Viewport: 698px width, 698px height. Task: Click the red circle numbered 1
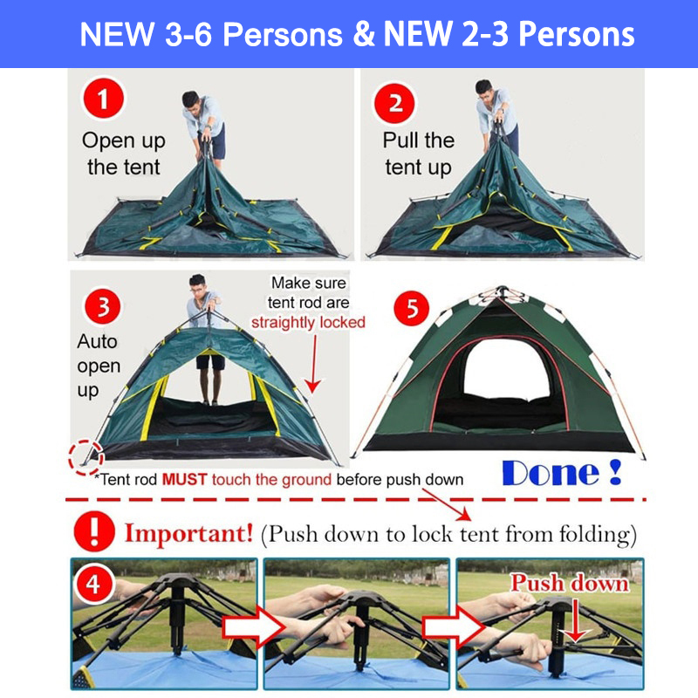tap(104, 99)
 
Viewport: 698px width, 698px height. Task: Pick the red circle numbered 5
tap(413, 308)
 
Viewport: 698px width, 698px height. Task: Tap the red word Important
tap(188, 531)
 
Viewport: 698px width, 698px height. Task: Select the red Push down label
tap(569, 583)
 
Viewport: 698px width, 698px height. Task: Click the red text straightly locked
tap(308, 322)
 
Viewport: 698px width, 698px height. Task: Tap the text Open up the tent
tap(123, 154)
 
